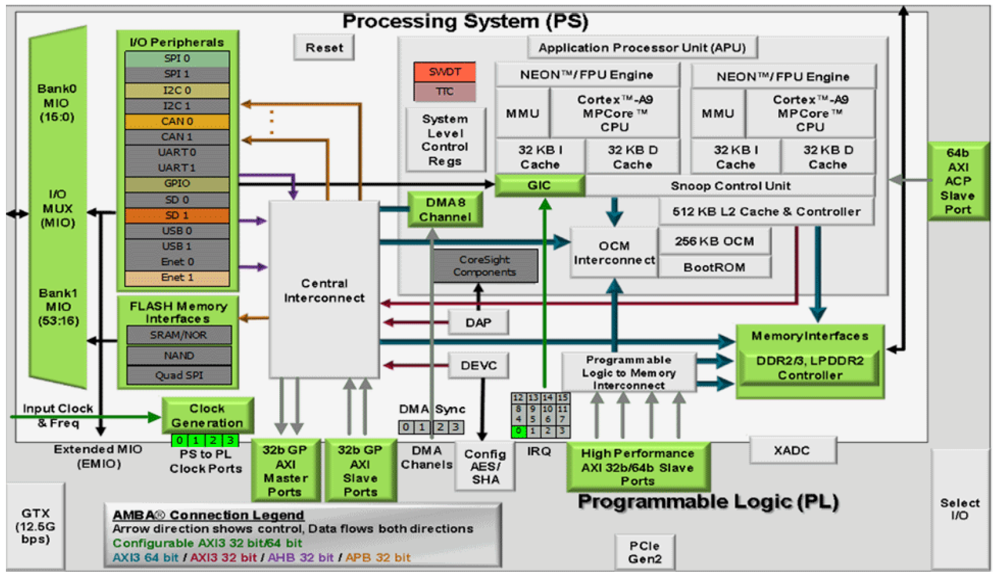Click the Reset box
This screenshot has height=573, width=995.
click(x=324, y=48)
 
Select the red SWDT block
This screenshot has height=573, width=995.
click(x=445, y=72)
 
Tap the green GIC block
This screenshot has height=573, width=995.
click(x=539, y=185)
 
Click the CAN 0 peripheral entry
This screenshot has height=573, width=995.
click(x=177, y=121)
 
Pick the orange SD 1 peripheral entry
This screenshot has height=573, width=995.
click(x=177, y=215)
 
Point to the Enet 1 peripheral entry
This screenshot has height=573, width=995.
click(x=177, y=278)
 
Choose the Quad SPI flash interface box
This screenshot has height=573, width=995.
click(x=179, y=375)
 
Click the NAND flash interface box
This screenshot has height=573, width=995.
click(x=179, y=355)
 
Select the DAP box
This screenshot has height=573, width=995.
click(x=478, y=323)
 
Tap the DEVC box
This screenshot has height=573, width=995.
click(x=478, y=366)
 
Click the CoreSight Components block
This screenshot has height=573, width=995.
click(x=485, y=266)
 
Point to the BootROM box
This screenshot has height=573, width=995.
click(x=714, y=267)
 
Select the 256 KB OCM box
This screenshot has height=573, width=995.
click(x=714, y=241)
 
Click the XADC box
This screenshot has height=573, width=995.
click(x=792, y=451)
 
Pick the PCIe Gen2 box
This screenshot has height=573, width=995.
click(x=645, y=552)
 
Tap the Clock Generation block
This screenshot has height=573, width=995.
click(x=207, y=415)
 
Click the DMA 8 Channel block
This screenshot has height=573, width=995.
click(x=445, y=210)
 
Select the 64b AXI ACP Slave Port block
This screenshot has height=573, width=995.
click(x=958, y=181)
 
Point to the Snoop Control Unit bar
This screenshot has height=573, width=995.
click(x=730, y=186)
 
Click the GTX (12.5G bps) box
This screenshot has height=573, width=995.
click(x=35, y=526)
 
